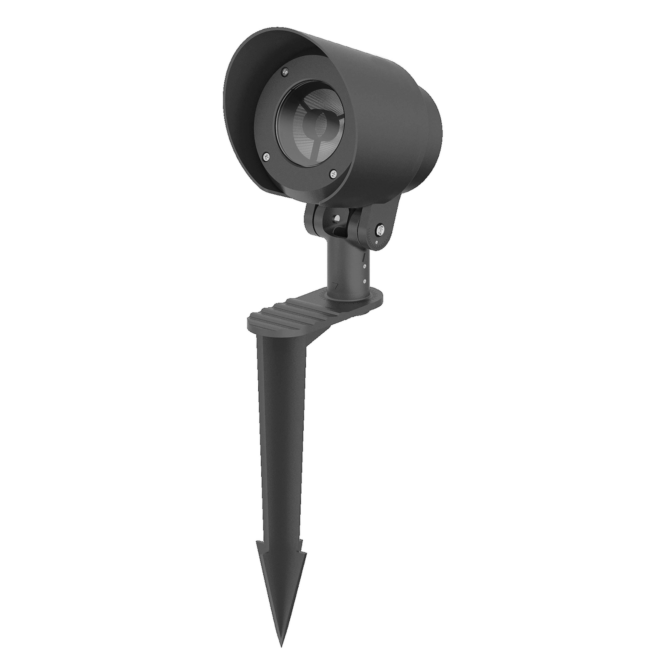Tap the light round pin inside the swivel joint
click(337, 218)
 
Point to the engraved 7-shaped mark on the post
click(335, 286)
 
